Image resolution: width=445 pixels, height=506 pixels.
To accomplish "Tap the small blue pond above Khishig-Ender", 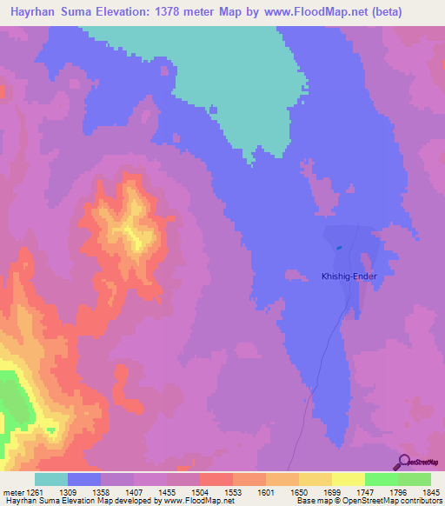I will pos(339,247).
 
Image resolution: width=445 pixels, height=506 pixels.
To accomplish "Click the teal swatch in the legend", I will pos(51,479).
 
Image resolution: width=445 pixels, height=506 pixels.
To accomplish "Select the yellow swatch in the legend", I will pos(315,479).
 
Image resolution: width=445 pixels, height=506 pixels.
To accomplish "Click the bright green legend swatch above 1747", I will pos(381,479).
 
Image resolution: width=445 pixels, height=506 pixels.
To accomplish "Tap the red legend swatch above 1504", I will pos(216,479).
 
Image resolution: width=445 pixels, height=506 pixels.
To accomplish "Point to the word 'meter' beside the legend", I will pos(10,491).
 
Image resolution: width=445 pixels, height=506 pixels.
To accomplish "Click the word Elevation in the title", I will pos(120,11).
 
